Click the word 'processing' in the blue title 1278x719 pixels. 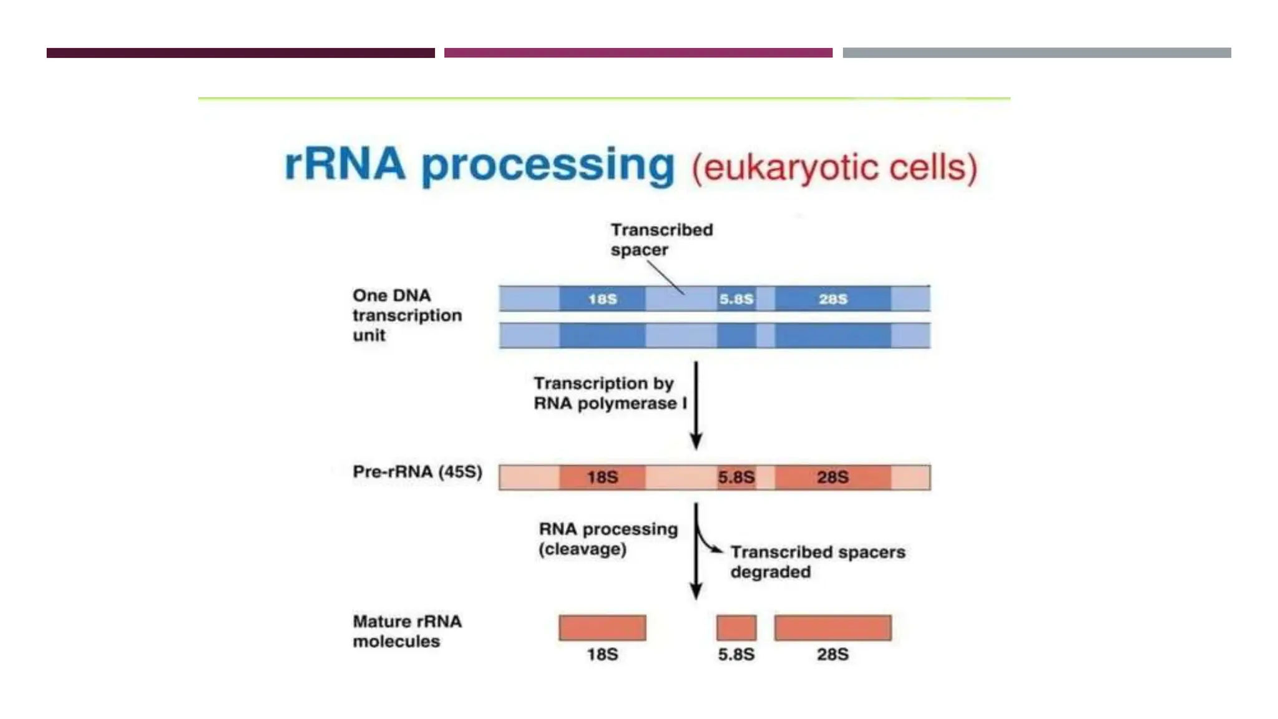point(548,165)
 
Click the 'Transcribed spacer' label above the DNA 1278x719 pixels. point(661,240)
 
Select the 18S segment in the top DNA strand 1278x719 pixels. point(602,299)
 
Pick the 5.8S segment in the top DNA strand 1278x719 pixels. point(736,299)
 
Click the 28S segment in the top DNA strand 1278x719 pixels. point(832,299)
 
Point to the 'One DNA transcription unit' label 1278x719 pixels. point(407,315)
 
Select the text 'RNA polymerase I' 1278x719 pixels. point(610,404)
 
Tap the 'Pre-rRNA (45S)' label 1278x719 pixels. point(417,472)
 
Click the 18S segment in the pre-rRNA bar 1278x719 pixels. point(602,477)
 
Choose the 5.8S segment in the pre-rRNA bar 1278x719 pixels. point(736,477)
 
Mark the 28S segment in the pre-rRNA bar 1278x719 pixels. point(832,477)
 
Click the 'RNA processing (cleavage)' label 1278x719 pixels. point(608,539)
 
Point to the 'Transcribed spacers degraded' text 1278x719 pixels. point(817,562)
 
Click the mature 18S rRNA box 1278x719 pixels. point(602,628)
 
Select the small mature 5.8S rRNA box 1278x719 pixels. point(736,628)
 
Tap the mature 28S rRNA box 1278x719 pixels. point(832,628)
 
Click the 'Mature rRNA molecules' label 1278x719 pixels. point(407,631)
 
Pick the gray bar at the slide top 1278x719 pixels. point(1037,53)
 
